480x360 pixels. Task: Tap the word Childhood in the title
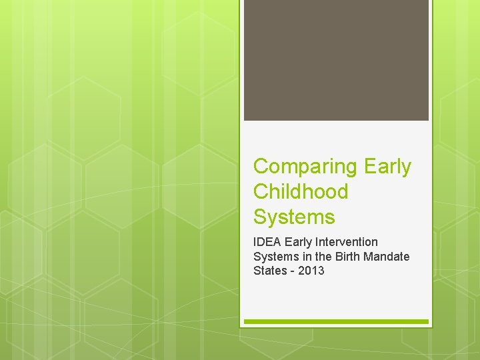(x=301, y=192)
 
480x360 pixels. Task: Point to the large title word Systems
(x=294, y=217)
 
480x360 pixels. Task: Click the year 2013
(x=312, y=271)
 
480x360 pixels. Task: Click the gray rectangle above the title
(x=336, y=60)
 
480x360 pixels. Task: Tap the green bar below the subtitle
(x=336, y=322)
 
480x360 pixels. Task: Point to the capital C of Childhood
(x=261, y=192)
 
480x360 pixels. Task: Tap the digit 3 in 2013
(x=321, y=271)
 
